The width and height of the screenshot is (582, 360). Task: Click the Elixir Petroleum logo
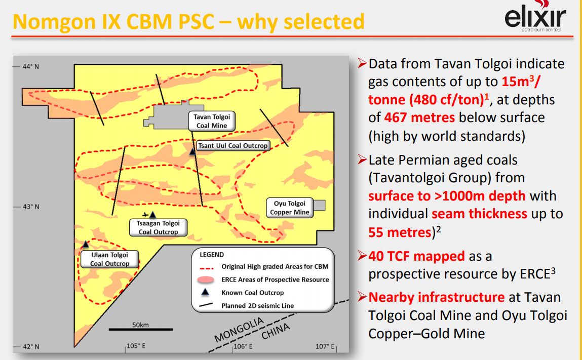click(x=535, y=17)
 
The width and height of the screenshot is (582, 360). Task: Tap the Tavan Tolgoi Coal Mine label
click(x=212, y=121)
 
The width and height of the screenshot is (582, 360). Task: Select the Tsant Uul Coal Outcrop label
click(x=232, y=145)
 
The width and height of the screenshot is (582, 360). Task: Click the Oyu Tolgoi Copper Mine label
click(x=290, y=208)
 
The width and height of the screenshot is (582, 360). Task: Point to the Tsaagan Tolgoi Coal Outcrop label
click(x=158, y=227)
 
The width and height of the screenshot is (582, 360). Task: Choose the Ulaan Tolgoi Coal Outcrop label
click(x=109, y=259)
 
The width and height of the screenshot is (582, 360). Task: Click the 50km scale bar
click(x=141, y=329)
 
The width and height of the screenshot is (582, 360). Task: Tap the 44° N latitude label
click(x=31, y=67)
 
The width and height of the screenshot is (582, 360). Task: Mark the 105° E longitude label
click(x=136, y=346)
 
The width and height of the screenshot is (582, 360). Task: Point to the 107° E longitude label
click(x=325, y=346)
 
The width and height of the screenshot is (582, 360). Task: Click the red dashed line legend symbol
click(x=207, y=267)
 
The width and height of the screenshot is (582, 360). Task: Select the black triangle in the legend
click(x=205, y=292)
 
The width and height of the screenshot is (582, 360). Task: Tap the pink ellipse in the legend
click(x=206, y=279)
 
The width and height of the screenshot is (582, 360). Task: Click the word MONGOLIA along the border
click(x=239, y=330)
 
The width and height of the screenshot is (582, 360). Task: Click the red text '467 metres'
click(x=419, y=117)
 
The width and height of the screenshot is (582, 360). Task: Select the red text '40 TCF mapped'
click(x=416, y=256)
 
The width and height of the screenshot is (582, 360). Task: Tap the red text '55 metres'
click(x=400, y=232)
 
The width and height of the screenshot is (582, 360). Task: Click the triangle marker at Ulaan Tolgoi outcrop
click(x=86, y=244)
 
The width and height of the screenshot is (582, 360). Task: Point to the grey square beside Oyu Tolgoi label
click(x=319, y=205)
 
